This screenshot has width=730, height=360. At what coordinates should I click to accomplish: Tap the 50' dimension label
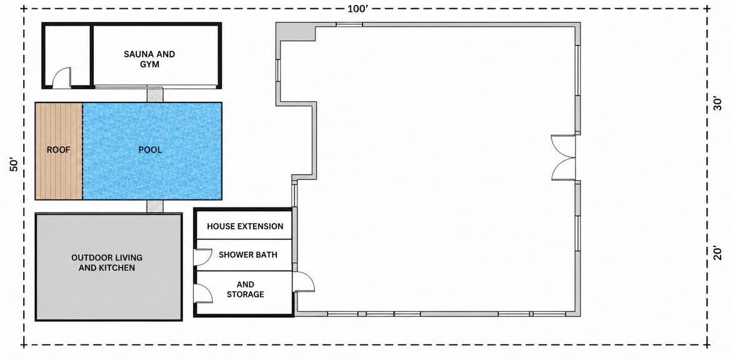[x=14, y=165]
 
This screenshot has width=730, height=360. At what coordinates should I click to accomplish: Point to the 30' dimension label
[x=717, y=103]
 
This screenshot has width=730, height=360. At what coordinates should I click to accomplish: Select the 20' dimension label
[x=717, y=253]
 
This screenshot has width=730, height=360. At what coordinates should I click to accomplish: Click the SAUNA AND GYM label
[x=149, y=59]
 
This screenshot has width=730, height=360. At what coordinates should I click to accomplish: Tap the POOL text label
[x=151, y=150]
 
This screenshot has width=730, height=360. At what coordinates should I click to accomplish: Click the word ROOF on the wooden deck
[x=59, y=150]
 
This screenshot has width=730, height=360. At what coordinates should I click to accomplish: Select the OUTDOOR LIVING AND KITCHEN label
[x=107, y=262]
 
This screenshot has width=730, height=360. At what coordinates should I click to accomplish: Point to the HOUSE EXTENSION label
[x=245, y=227]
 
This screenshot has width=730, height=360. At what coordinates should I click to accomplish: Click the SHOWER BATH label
[x=248, y=255]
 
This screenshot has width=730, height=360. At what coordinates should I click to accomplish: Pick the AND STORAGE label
[x=246, y=289]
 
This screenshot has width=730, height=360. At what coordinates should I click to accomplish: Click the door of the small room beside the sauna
[x=62, y=77]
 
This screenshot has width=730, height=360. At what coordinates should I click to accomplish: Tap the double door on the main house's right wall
[x=563, y=157]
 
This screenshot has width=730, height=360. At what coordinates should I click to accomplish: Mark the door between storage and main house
[x=304, y=282]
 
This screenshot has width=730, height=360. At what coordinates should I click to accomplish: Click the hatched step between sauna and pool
[x=155, y=95]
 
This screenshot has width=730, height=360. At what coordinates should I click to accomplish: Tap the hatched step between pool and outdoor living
[x=155, y=206]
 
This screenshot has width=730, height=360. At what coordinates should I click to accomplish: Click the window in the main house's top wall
[x=349, y=24]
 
